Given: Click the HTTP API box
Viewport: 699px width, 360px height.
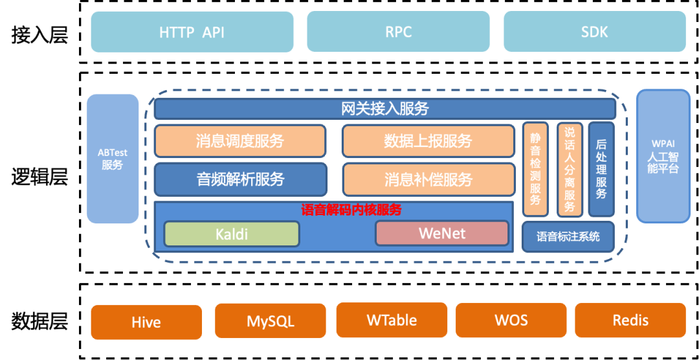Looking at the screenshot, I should click(192, 32).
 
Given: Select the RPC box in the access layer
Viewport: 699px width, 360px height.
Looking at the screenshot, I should click(398, 32).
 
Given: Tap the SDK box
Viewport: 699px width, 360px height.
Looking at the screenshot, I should click(594, 32).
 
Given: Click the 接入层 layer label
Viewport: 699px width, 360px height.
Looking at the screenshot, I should click(39, 35).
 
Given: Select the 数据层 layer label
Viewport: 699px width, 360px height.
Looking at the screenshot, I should click(39, 321).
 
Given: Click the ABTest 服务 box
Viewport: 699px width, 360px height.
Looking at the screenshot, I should click(113, 159).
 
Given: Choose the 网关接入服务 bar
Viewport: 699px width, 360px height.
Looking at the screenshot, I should click(384, 109).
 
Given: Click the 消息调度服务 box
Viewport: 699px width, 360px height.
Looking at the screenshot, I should click(240, 141).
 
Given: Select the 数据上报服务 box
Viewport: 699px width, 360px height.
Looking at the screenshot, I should click(428, 141).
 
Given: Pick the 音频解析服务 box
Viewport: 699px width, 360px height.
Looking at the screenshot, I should click(240, 179).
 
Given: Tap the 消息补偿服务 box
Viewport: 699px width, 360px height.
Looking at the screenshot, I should click(428, 179).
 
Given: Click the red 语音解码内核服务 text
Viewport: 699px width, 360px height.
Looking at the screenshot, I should click(351, 210).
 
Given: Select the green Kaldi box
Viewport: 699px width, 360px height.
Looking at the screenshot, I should click(232, 234).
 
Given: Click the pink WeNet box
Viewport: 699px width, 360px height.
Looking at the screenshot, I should click(442, 233).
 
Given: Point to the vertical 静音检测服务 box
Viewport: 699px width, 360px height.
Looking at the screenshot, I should click(535, 169).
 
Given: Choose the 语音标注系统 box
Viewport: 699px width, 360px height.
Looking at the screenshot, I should click(568, 236).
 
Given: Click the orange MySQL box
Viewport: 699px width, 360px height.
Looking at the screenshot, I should click(271, 321).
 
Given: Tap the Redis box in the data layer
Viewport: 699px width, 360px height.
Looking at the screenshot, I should click(630, 321).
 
